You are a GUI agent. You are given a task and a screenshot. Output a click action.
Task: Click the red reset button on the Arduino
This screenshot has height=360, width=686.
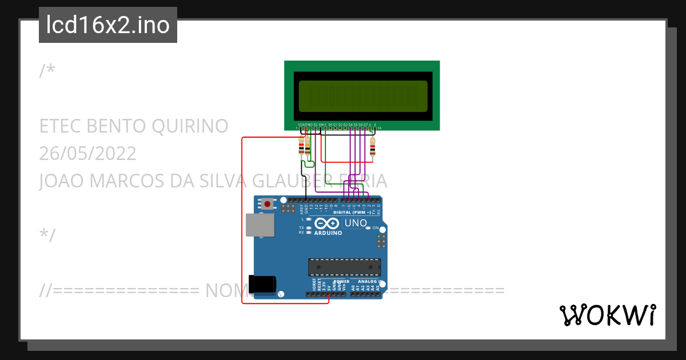coord(267,203)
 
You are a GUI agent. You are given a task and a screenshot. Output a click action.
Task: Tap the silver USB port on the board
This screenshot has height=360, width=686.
coord(259,225)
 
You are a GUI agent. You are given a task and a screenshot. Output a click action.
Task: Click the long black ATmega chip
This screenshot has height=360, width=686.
coord(344,267)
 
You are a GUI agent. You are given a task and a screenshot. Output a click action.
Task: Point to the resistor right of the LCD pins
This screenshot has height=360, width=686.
coord(373,147)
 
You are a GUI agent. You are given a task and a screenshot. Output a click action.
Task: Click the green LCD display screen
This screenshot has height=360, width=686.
coord(362,96)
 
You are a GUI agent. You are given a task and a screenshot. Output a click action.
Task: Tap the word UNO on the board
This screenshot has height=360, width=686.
coord(355,222)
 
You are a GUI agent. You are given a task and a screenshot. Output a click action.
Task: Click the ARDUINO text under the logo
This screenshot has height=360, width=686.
coord(328,233)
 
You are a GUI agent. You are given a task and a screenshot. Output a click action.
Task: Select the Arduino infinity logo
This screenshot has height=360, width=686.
coord(327,223)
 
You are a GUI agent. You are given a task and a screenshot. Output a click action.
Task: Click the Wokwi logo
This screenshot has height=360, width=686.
coord(608,315)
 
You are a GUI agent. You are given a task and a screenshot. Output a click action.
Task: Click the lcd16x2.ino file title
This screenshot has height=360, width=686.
coord(107,25)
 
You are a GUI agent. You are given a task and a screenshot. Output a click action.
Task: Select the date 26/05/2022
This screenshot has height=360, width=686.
coord(87,153)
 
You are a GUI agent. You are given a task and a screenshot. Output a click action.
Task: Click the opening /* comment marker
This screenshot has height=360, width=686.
coord(47,71)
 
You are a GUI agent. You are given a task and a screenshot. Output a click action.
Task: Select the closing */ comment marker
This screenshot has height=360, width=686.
coord(47,235)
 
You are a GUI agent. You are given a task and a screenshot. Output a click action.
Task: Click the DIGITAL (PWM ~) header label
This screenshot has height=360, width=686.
coord(352,212)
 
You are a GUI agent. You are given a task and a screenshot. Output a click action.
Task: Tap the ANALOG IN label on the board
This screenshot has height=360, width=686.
coord(370,282)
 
